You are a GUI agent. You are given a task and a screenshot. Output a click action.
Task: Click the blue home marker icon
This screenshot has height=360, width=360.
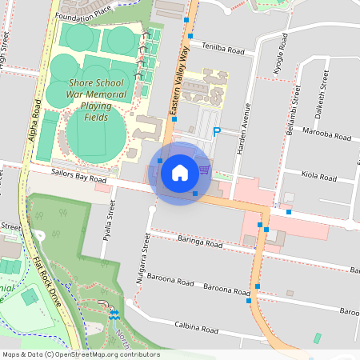pyautogui.click(x=180, y=172)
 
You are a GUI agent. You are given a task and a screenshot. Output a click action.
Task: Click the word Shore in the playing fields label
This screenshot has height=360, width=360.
pyautogui.click(x=83, y=82)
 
